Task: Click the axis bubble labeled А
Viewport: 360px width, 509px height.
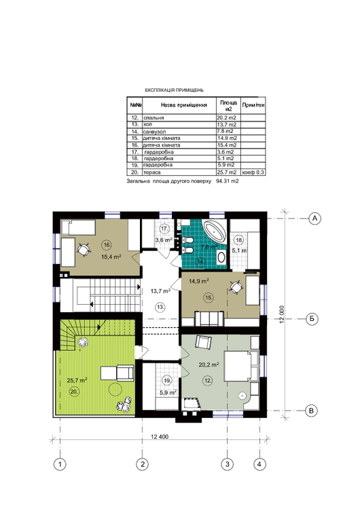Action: click(314, 218)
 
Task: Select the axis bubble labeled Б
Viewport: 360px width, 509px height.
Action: click(314, 318)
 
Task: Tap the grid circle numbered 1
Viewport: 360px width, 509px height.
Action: click(60, 464)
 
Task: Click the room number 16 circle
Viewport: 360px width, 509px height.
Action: click(106, 244)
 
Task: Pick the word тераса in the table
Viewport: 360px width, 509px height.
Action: click(143, 172)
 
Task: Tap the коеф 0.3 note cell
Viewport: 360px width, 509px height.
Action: click(253, 172)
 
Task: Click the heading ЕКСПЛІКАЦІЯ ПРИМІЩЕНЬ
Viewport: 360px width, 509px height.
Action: click(174, 90)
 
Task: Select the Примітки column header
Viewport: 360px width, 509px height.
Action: click(253, 106)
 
